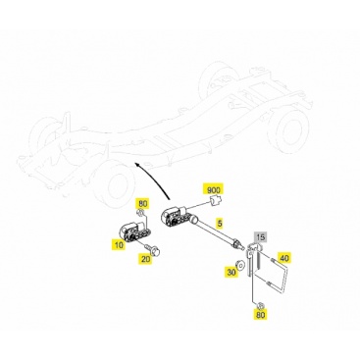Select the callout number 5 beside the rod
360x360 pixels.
click(x=220, y=224)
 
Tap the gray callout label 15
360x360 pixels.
click(x=261, y=237)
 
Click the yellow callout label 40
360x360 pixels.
click(x=284, y=258)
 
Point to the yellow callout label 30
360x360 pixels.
click(x=231, y=272)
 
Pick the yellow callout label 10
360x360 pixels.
click(x=119, y=245)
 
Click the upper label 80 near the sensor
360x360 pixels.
click(x=142, y=204)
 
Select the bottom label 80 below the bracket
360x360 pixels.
click(x=261, y=315)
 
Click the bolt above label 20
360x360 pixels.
click(x=153, y=250)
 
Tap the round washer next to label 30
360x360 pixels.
click(x=240, y=265)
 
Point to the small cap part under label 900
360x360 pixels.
click(x=215, y=201)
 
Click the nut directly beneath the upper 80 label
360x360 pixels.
click(x=140, y=214)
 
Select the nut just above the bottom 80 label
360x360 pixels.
click(x=259, y=306)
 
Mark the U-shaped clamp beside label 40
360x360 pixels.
click(x=278, y=273)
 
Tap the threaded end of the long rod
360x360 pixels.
click(x=240, y=244)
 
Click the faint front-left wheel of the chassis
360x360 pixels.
click(x=114, y=181)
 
